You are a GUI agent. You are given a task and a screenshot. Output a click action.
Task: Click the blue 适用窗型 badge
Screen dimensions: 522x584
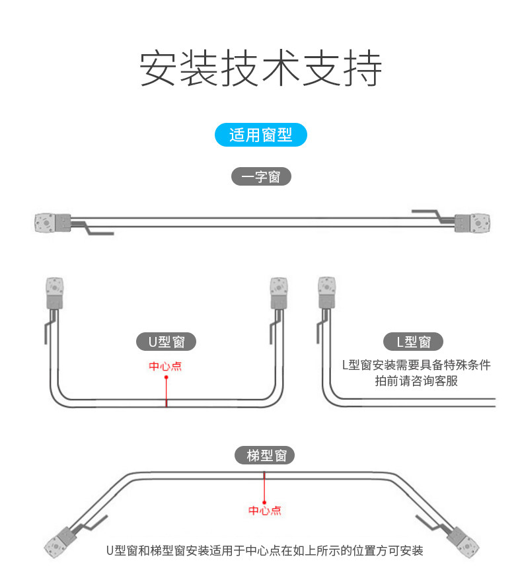pyautogui.click(x=261, y=135)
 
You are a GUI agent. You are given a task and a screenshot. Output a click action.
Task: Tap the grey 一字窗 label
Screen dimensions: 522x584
pyautogui.click(x=261, y=176)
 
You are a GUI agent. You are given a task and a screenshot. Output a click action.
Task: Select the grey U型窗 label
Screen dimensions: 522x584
pyautogui.click(x=166, y=342)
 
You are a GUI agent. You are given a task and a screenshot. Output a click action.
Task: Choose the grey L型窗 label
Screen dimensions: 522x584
pyautogui.click(x=413, y=342)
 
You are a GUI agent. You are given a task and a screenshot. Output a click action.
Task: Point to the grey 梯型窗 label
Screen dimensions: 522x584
pyautogui.click(x=264, y=455)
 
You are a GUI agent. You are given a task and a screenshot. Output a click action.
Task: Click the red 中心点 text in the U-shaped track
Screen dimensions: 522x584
pyautogui.click(x=165, y=366)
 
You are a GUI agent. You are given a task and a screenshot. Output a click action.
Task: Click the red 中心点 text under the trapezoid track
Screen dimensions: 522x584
pyautogui.click(x=265, y=510)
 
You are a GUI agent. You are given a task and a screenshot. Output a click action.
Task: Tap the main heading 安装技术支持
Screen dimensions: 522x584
pyautogui.click(x=261, y=69)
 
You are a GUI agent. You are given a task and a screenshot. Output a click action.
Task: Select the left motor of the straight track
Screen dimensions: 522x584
pyautogui.click(x=53, y=223)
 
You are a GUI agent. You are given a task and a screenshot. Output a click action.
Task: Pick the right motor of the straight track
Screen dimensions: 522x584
pyautogui.click(x=472, y=223)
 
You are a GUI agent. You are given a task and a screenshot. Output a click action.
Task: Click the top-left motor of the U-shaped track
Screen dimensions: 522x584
pyautogui.click(x=55, y=293)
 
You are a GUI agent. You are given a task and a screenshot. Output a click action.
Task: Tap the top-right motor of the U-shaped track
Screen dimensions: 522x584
pyautogui.click(x=279, y=293)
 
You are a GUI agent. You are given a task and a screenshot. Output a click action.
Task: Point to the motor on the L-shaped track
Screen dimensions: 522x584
pyautogui.click(x=327, y=293)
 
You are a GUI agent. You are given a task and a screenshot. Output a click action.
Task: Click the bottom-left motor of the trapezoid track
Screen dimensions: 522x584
pyautogui.click(x=59, y=542)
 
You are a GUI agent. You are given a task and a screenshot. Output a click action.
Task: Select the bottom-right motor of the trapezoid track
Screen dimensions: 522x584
pyautogui.click(x=463, y=542)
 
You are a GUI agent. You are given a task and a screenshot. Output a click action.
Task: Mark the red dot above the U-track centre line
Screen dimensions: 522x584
pyautogui.click(x=166, y=377)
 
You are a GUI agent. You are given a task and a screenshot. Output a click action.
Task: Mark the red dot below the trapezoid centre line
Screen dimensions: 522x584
pyautogui.click(x=264, y=503)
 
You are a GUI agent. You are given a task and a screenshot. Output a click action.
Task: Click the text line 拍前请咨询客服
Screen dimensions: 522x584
pyautogui.click(x=416, y=381)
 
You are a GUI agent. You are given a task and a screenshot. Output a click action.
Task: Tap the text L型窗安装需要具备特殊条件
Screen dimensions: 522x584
pyautogui.click(x=416, y=365)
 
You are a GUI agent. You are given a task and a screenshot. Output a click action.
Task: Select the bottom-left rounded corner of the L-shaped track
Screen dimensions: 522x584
pyautogui.click(x=330, y=397)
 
